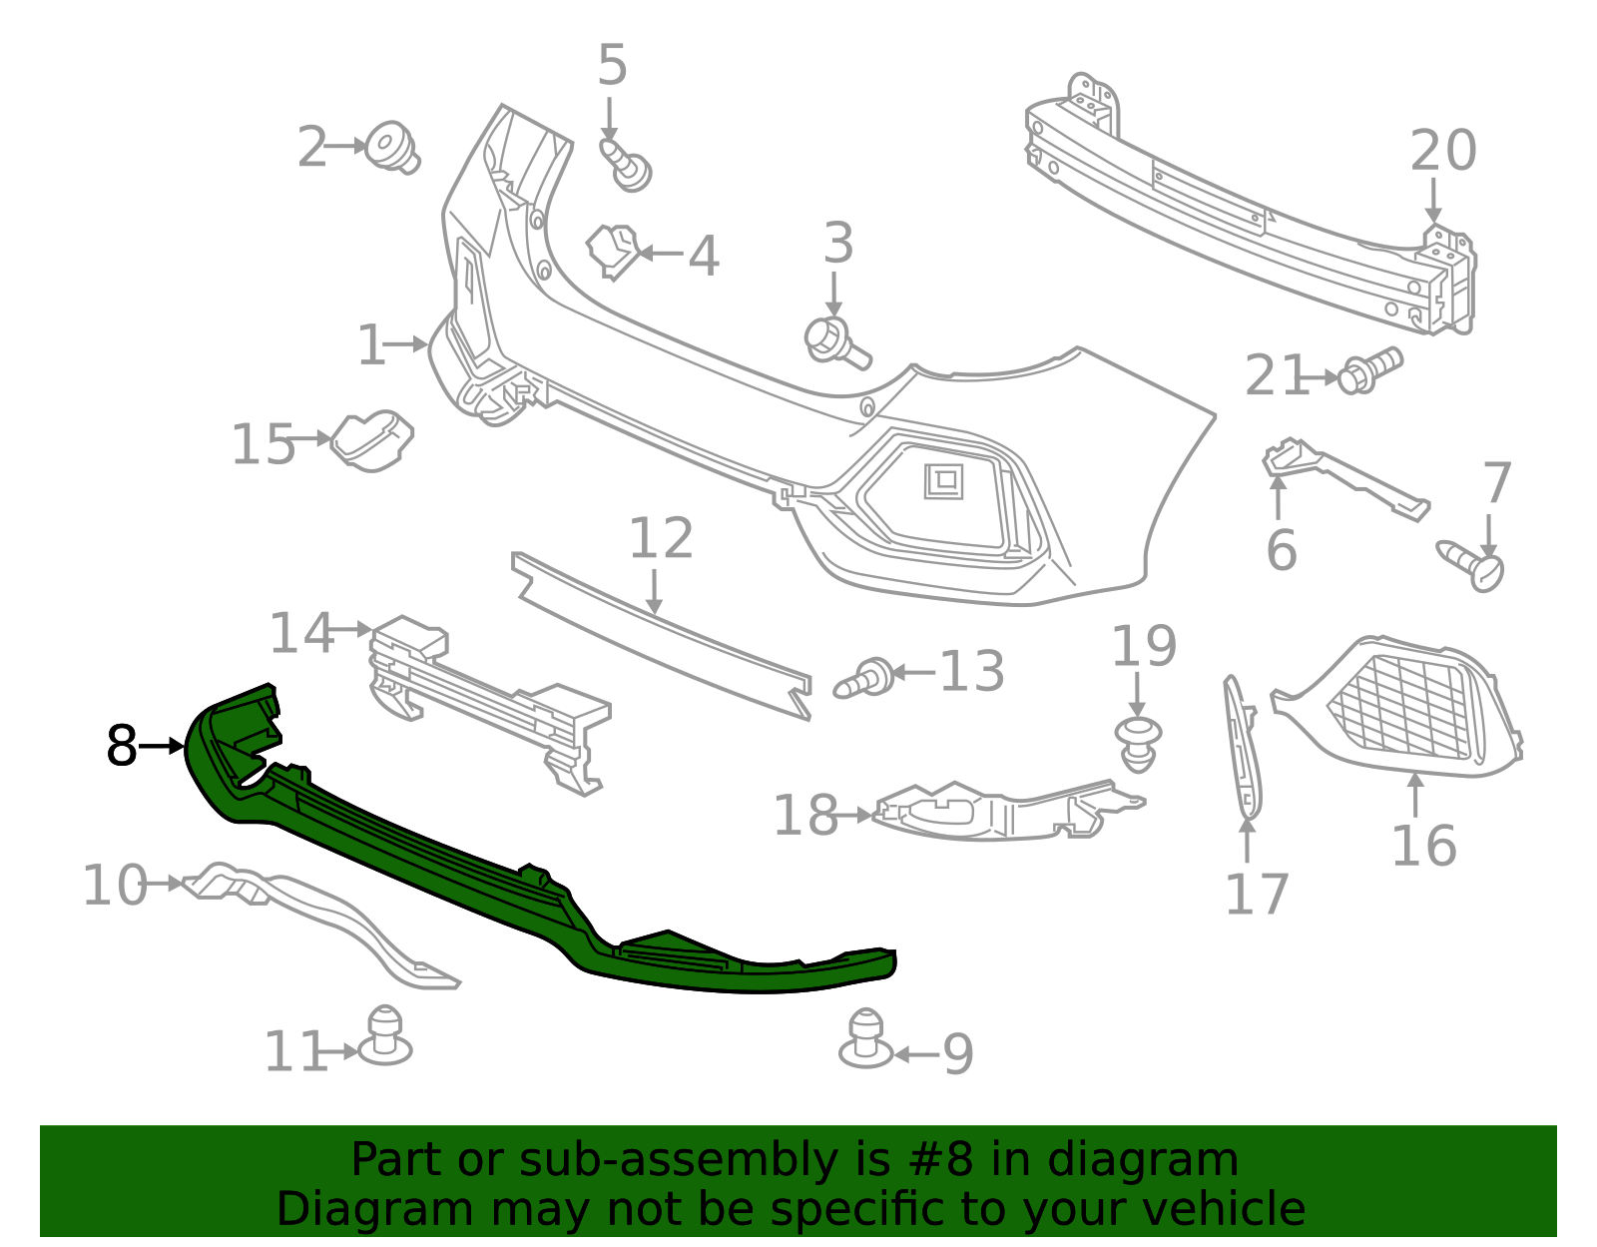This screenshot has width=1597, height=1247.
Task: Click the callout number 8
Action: [121, 746]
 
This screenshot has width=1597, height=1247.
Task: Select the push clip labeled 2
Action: [391, 148]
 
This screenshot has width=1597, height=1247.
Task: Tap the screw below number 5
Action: [627, 165]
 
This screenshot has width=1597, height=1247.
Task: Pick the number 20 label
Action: [1442, 151]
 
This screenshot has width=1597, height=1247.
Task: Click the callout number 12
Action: [660, 539]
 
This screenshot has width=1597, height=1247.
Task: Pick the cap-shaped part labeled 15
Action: [372, 439]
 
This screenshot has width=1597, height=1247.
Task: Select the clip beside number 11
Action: [384, 1038]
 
